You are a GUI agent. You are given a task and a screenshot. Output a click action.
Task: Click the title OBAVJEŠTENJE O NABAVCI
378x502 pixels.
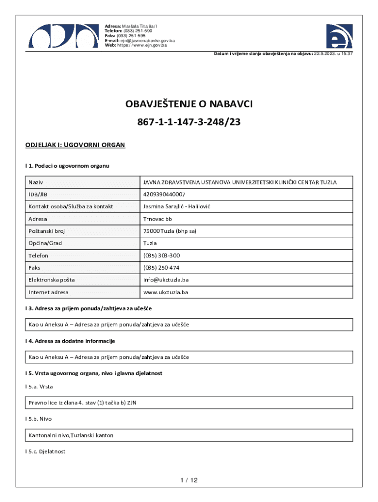(189, 104)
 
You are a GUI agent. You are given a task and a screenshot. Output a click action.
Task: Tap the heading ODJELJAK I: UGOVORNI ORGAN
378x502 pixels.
(76, 145)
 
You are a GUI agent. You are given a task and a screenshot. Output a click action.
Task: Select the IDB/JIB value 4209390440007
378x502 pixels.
(164, 195)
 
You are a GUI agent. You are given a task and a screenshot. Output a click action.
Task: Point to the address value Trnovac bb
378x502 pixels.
(158, 219)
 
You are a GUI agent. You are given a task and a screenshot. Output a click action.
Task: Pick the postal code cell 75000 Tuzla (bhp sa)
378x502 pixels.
(170, 231)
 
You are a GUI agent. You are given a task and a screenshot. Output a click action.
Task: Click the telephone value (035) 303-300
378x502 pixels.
(161, 256)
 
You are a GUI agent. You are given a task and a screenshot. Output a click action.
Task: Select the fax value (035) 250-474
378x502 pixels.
(161, 268)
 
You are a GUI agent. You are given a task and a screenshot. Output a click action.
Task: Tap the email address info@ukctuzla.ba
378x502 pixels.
(166, 280)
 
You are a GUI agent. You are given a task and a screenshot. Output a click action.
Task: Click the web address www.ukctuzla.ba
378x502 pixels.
(165, 292)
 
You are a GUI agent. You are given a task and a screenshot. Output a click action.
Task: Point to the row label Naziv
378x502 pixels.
(35, 182)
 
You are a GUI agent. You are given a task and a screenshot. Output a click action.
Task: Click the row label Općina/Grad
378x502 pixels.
(45, 244)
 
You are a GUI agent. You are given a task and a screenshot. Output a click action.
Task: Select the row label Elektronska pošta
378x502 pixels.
(52, 280)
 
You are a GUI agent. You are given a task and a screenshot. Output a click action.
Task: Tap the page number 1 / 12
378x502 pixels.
(189, 480)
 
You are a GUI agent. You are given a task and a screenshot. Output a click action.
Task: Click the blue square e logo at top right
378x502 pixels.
(339, 36)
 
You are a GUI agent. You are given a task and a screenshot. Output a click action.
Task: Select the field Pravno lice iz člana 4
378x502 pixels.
(82, 403)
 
